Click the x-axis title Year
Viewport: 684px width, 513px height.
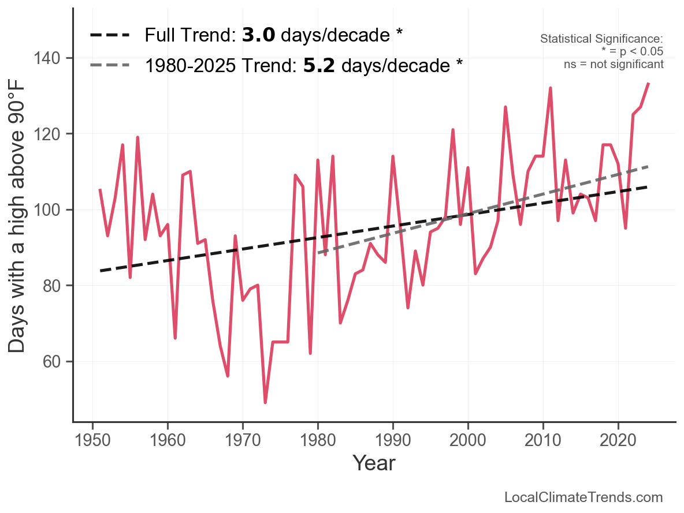[x=374, y=463]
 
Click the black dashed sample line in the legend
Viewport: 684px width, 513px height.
[x=110, y=36]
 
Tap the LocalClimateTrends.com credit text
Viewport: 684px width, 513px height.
[x=583, y=497]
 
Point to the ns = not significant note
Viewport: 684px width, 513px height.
[x=614, y=65]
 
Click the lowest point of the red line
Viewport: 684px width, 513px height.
[x=265, y=403]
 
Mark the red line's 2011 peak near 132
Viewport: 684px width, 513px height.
[x=551, y=88]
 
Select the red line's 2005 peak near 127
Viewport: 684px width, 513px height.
[x=505, y=107]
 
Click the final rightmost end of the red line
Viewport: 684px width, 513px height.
[x=649, y=84]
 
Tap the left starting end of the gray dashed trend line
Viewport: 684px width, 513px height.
[x=318, y=253]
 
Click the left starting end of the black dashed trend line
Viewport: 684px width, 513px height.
[x=100, y=271]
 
